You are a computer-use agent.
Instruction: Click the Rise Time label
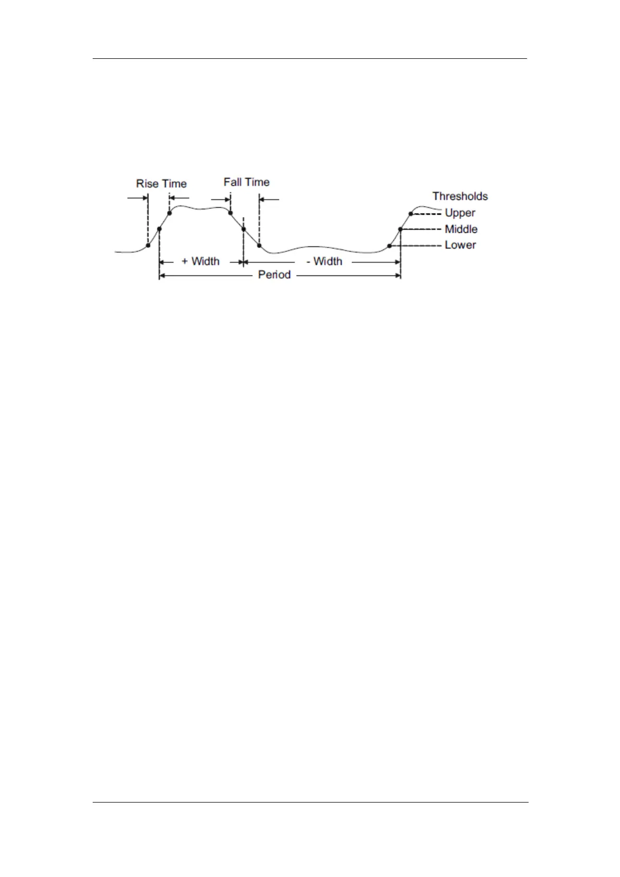[161, 184]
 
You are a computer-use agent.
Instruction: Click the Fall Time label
[247, 182]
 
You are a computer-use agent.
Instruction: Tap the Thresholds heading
[460, 196]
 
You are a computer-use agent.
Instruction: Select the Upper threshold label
[460, 212]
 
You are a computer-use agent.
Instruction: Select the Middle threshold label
[461, 229]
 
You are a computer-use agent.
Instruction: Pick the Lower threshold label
[460, 245]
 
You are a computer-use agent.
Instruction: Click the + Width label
[200, 261]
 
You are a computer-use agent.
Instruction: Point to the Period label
[274, 275]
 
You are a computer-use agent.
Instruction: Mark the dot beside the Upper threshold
[411, 214]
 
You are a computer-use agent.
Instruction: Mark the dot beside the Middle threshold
[400, 229]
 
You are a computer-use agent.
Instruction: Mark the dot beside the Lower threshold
[389, 246]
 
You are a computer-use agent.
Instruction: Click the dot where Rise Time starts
[148, 245]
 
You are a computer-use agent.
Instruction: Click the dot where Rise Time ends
[170, 213]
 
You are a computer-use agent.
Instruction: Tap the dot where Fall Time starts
[230, 212]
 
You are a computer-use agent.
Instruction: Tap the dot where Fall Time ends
[259, 245]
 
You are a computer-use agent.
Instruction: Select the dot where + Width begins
[159, 229]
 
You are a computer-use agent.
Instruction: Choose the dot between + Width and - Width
[243, 229]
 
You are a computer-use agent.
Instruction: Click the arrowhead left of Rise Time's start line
[145, 198]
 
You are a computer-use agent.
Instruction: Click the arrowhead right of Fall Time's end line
[262, 198]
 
